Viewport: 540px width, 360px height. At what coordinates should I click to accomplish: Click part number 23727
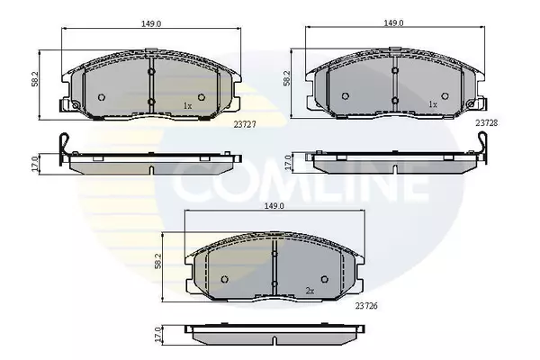(x=245, y=125)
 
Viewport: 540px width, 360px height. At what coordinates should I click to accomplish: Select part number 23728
(x=487, y=122)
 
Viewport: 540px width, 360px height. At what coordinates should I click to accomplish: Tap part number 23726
(x=366, y=306)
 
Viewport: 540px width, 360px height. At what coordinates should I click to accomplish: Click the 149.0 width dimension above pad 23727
(x=151, y=23)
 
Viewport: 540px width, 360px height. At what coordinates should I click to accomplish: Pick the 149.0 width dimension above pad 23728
(x=393, y=22)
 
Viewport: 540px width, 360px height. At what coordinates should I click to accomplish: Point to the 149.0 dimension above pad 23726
(x=274, y=206)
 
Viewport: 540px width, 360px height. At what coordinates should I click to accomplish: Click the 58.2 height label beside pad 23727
(x=35, y=79)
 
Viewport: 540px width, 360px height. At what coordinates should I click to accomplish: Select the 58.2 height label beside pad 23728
(x=286, y=78)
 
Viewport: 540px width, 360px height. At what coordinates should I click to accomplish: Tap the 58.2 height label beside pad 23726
(x=157, y=261)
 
